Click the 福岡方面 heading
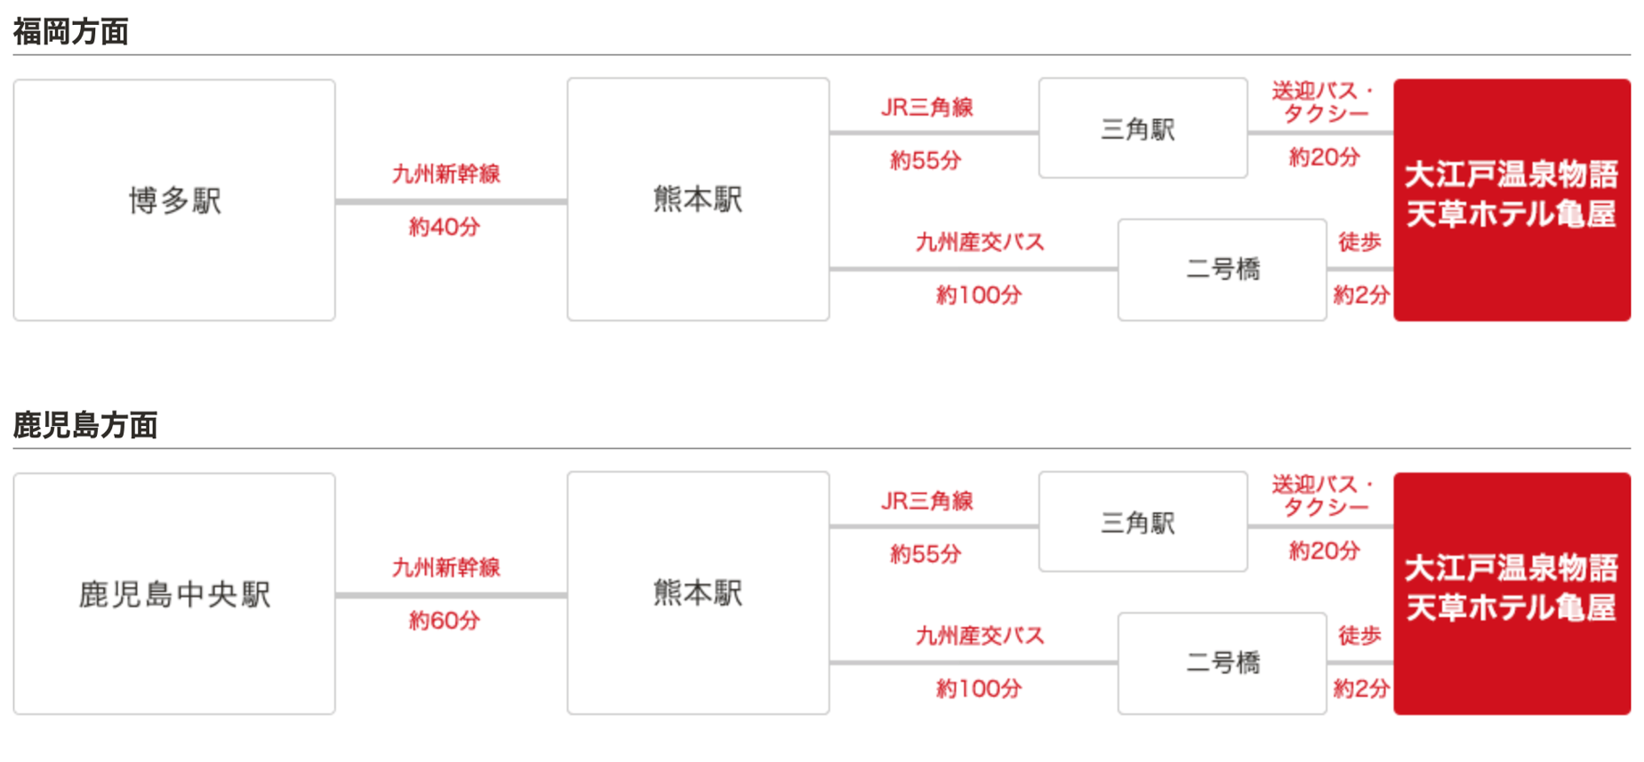71,32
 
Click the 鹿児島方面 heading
85,425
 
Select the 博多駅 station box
174,200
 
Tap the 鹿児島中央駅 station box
174,594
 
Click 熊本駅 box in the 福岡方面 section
698,199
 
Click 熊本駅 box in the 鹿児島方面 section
698,593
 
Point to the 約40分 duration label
445,227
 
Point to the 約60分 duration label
445,621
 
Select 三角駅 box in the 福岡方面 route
1143,128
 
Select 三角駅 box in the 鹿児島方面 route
1143,522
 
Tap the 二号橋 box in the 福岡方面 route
1222,269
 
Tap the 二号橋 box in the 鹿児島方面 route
1222,663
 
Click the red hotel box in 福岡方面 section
1512,200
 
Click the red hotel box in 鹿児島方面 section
1512,594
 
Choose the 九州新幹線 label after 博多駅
446,173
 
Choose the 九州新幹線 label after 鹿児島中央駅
446,567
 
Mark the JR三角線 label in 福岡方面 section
927,108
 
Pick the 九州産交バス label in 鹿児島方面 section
980,636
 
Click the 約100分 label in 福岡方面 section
979,295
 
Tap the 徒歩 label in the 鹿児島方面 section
1359,635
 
